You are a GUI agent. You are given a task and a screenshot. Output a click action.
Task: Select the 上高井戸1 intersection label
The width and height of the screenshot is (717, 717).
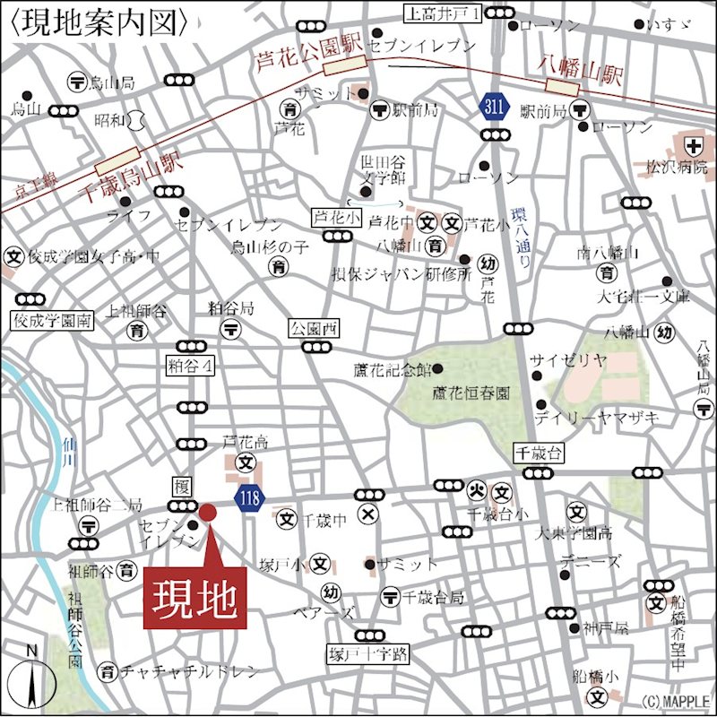pyautogui.click(x=445, y=13)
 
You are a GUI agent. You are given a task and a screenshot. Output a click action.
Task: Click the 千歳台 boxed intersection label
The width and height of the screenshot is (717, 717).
pyautogui.click(x=537, y=453)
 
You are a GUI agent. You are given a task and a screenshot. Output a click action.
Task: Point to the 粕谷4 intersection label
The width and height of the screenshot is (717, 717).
pyautogui.click(x=191, y=366)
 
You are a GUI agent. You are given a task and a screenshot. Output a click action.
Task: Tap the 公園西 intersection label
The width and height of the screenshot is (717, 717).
pyautogui.click(x=313, y=329)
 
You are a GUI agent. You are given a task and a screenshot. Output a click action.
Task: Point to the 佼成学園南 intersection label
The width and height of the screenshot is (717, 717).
pyautogui.click(x=51, y=320)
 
